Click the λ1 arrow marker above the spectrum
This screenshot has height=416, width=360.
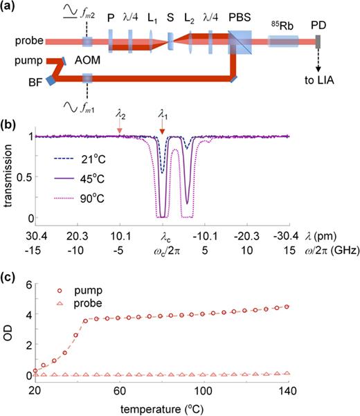161,129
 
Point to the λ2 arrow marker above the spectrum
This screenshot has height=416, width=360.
120,127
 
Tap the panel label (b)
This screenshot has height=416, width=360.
9,125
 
